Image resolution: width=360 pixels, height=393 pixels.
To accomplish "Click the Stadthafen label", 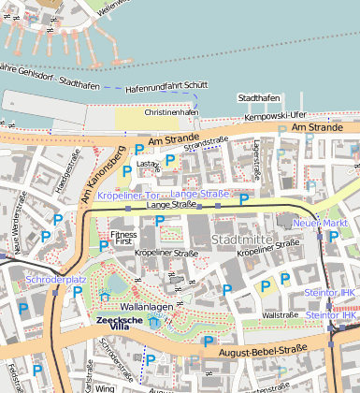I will (x=258, y=97).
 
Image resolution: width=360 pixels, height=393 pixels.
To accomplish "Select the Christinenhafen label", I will (x=171, y=111).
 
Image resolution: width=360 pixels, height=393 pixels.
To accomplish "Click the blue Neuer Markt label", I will (x=320, y=224).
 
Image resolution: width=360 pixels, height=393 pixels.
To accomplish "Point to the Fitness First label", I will (x=123, y=238).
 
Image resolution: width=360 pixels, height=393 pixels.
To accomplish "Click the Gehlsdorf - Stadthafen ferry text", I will (x=47, y=75).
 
